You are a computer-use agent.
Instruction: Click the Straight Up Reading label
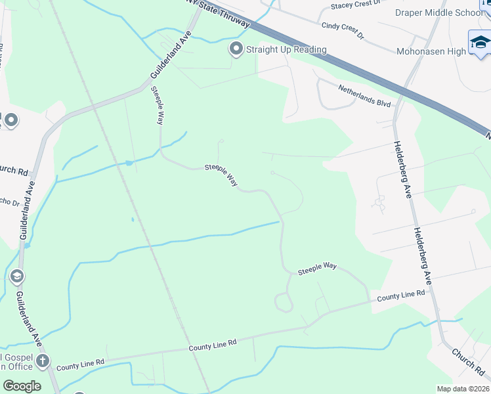coord(286,49)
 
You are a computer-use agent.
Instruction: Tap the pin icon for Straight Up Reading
coord(236,49)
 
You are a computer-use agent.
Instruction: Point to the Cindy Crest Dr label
coord(343,30)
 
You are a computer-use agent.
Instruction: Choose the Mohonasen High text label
coord(431,51)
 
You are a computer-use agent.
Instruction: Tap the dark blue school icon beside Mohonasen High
coord(479,43)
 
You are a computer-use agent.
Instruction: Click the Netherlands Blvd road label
coord(364,96)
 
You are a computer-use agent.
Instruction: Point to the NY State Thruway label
coord(220,12)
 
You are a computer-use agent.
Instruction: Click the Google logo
coord(22,385)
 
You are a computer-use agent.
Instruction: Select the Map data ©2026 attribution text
coord(463,389)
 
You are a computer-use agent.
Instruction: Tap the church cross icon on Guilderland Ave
coord(43,360)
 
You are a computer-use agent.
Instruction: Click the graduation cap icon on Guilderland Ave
coord(16,276)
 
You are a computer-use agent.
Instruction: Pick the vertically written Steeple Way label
coord(157,105)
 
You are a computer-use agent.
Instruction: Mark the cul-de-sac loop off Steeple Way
coord(284,303)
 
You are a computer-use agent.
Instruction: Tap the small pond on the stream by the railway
coord(129,162)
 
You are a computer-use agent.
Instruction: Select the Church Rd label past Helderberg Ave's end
coord(463,362)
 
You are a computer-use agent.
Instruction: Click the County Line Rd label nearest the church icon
coord(81,363)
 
